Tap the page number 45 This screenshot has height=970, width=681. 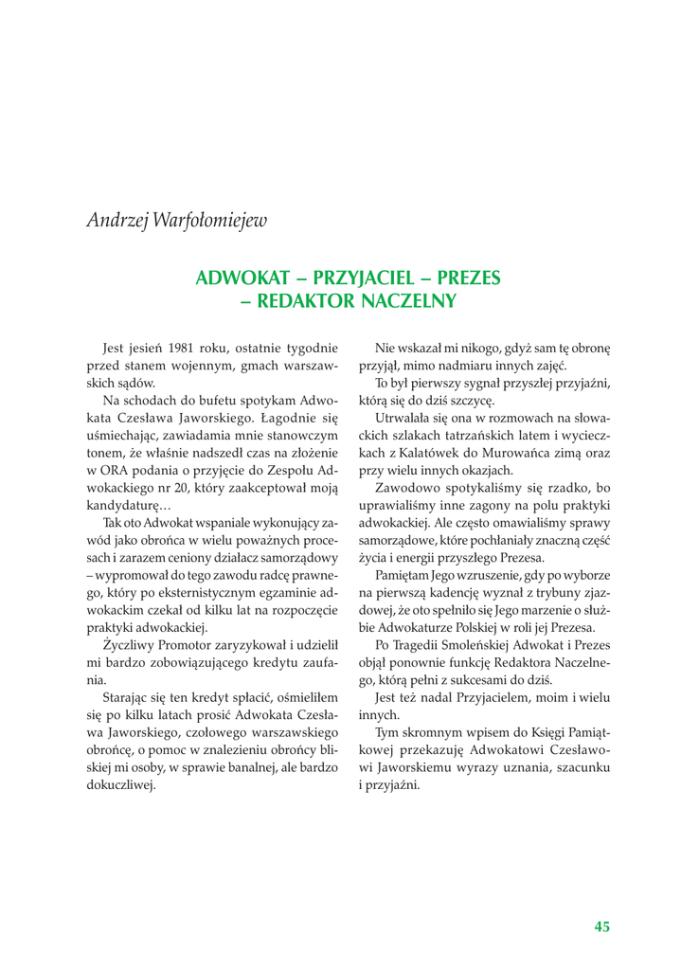click(x=601, y=927)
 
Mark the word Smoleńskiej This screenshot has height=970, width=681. click(x=468, y=645)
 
